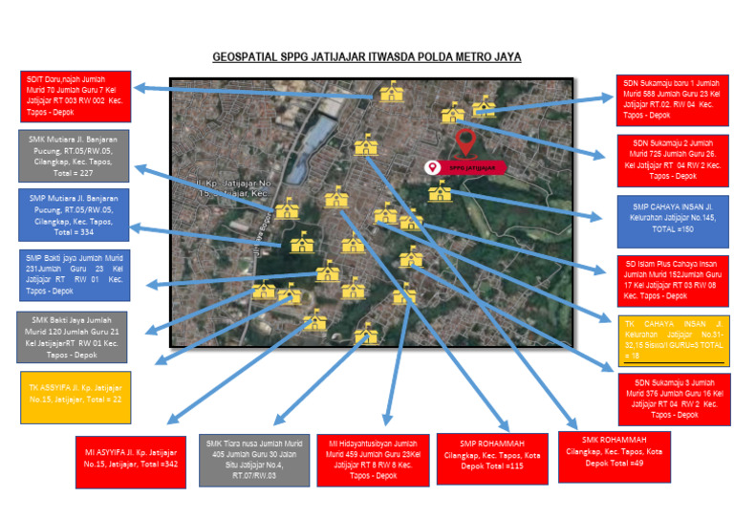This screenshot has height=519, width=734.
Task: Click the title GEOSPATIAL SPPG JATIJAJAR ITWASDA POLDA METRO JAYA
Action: pos(367,57)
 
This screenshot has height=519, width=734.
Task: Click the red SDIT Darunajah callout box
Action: pos(76,97)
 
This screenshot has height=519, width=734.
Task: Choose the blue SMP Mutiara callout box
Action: pos(74,215)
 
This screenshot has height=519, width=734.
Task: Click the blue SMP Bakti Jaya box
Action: pos(75,274)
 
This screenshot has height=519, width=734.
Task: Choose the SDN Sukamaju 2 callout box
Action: pos(672,159)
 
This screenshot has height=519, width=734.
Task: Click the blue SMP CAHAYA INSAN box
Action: pos(672,217)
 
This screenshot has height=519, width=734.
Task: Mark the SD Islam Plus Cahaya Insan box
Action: pos(672,280)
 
